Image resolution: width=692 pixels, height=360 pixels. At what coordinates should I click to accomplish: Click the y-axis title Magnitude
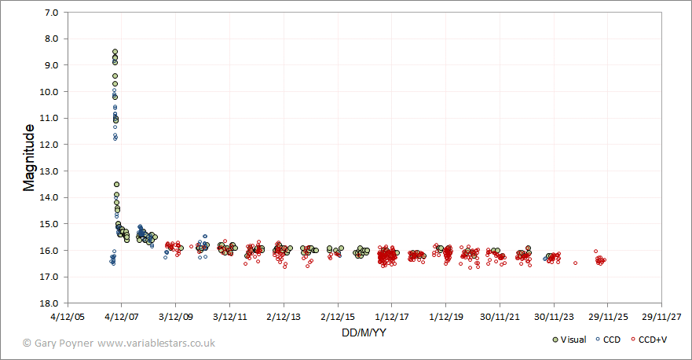[x=29, y=157]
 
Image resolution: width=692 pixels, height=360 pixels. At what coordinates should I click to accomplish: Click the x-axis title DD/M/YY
[x=363, y=332]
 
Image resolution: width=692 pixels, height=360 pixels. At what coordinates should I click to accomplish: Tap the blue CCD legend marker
[x=599, y=340]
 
